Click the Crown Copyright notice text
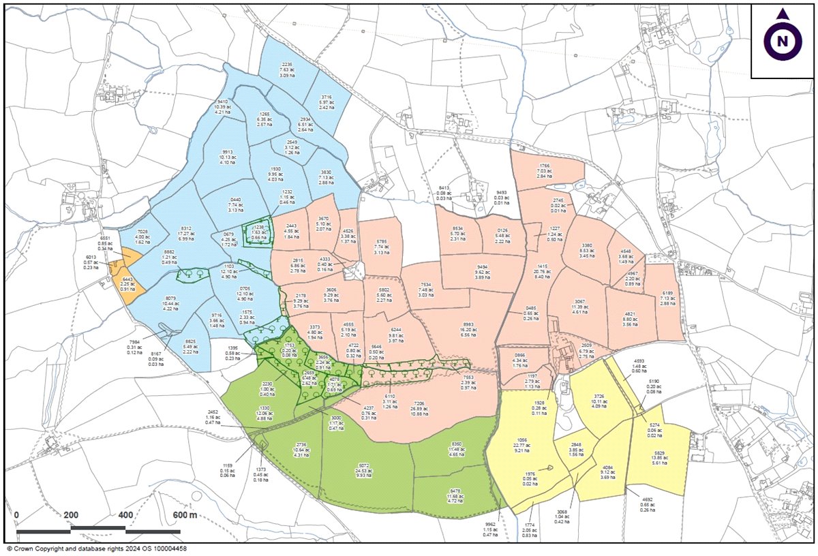96,548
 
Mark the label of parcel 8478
456,493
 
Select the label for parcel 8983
468,330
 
